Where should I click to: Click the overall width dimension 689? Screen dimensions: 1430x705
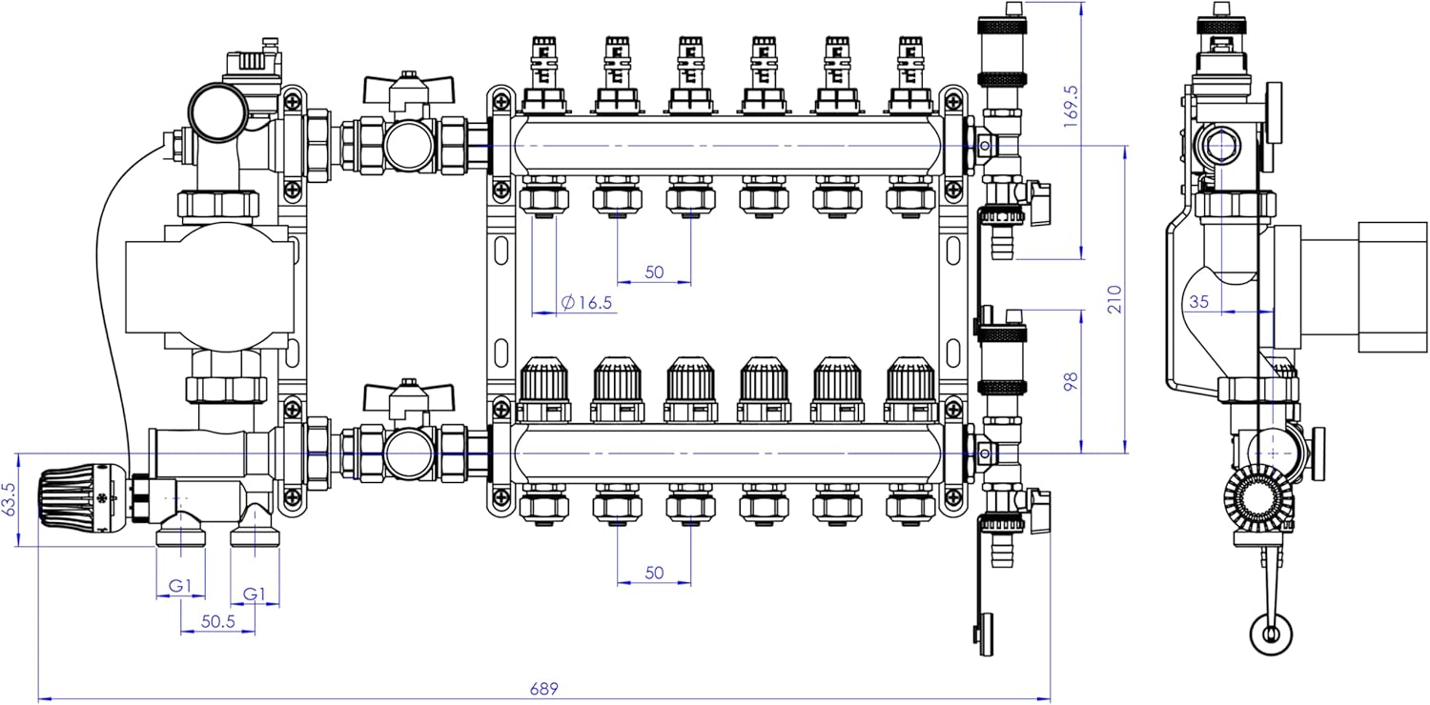point(544,689)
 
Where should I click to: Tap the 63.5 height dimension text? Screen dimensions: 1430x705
point(9,499)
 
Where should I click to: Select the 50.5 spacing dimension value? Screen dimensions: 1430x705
point(218,621)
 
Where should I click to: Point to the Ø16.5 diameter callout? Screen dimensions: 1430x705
point(586,302)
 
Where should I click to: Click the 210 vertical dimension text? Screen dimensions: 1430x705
point(1114,298)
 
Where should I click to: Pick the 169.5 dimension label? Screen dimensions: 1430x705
point(1071,107)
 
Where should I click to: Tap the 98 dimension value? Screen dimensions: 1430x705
point(1071,381)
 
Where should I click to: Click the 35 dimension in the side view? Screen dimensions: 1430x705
point(1199,301)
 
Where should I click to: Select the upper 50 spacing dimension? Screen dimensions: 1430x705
point(654,272)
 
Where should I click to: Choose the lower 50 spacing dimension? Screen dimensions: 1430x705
point(654,573)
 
